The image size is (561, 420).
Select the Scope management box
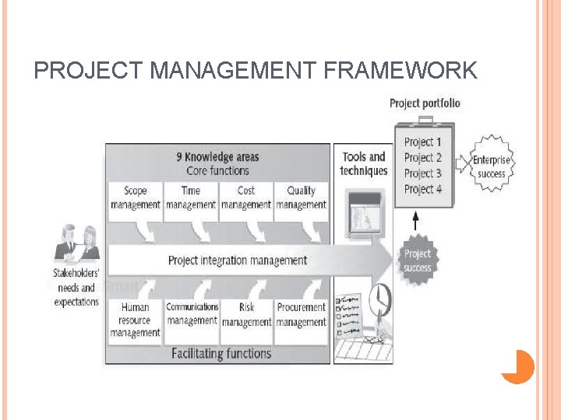(x=136, y=198)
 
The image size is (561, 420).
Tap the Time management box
(x=191, y=198)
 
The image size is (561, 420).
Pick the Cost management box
(x=246, y=198)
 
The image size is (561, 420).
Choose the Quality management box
(x=301, y=198)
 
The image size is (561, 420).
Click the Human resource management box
(x=136, y=320)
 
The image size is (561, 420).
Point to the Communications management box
(x=192, y=314)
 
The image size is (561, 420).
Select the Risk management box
(x=246, y=314)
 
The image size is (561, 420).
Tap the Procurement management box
(x=301, y=314)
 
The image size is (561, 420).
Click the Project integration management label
(x=238, y=261)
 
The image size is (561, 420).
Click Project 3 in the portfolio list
(x=423, y=173)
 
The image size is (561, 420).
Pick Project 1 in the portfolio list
(x=423, y=142)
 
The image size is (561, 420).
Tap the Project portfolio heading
(x=425, y=103)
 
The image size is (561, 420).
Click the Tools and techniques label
(x=364, y=163)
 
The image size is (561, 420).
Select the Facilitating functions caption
(x=221, y=354)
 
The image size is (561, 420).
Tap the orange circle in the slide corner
(x=517, y=366)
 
